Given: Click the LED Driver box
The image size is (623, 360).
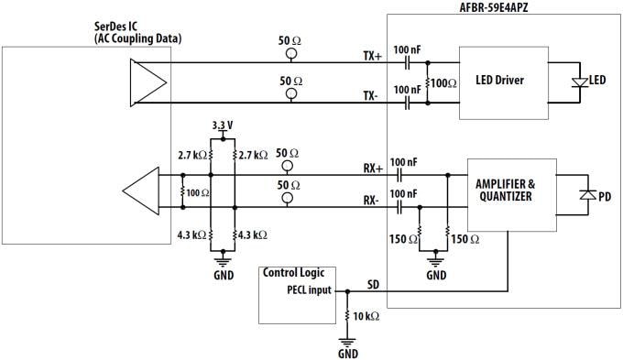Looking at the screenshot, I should [x=499, y=82].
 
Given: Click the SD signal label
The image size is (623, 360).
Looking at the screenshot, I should [x=373, y=285].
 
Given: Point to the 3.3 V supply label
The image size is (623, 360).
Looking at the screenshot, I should [x=222, y=125].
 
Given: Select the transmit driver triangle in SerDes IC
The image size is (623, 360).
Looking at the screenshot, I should [x=148, y=82].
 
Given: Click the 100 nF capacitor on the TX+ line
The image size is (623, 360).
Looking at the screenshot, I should [x=409, y=62].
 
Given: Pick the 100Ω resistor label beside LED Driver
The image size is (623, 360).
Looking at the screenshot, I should [x=443, y=83].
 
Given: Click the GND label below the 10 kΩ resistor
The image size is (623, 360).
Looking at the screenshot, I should [x=348, y=353].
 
